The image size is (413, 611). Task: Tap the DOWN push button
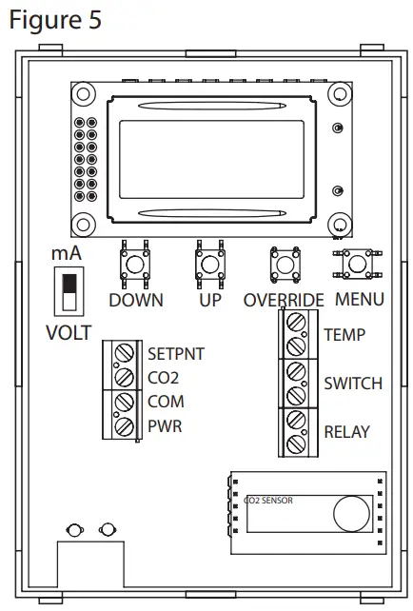click(134, 263)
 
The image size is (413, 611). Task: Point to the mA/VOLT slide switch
click(67, 289)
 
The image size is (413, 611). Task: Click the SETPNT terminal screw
click(125, 354)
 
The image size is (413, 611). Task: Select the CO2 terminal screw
click(125, 378)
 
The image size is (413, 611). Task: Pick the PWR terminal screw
click(125, 426)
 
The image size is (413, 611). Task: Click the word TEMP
click(344, 335)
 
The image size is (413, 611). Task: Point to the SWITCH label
click(353, 384)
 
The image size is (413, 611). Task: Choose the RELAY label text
click(347, 432)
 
